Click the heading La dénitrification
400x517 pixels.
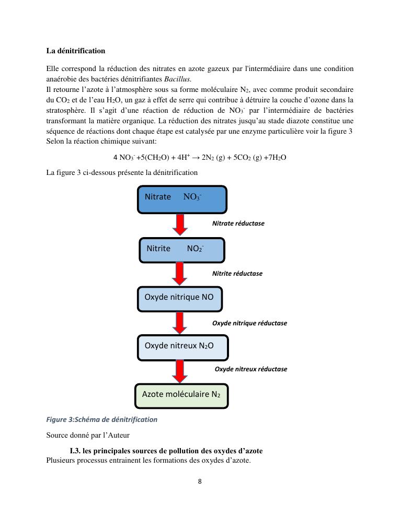coord(75,51)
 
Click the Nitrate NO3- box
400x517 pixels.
coord(182,199)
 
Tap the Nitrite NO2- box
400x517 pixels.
coord(181,250)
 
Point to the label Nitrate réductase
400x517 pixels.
coord(238,224)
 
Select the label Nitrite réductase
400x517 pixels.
coord(237,274)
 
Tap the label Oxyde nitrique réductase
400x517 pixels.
coord(249,323)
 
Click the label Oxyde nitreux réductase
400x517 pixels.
coord(251,369)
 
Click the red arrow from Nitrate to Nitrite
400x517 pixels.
coord(180,225)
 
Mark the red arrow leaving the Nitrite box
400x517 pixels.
coord(180,274)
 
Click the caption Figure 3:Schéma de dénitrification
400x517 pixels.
coord(101,419)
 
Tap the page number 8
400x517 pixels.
coord(200,481)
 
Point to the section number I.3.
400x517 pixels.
coord(75,451)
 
